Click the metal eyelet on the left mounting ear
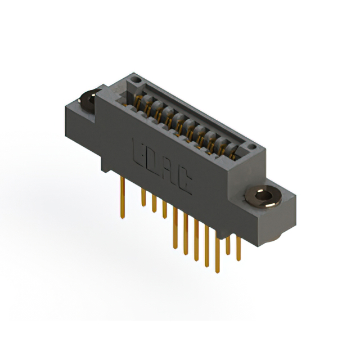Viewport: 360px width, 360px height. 88,100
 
